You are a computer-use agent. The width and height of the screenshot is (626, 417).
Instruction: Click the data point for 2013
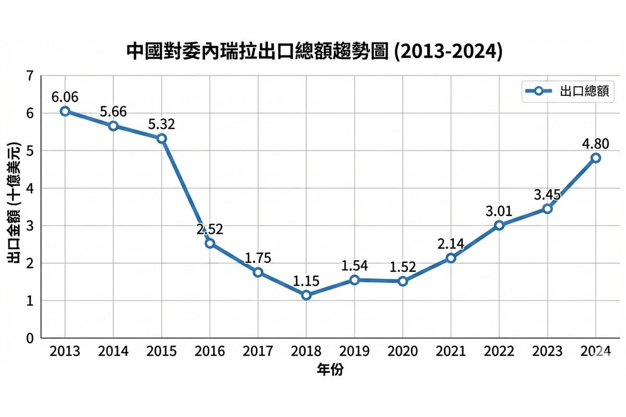[65, 111]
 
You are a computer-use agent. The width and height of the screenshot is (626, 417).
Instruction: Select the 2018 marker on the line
[306, 295]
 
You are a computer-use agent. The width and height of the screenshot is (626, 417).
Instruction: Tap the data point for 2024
[596, 158]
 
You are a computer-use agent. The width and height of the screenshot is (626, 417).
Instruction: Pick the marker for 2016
[210, 243]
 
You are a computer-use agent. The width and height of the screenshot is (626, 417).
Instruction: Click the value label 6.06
[65, 97]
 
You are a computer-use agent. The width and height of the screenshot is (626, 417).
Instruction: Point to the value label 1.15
[306, 281]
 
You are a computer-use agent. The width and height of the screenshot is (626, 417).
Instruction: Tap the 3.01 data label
[499, 211]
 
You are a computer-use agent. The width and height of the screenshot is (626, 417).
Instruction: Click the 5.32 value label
[161, 124]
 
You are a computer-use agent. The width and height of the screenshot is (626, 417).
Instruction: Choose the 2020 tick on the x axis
[403, 351]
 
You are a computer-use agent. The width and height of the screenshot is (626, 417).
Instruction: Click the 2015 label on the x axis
[161, 351]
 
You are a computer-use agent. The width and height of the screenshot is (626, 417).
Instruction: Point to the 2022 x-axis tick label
[499, 351]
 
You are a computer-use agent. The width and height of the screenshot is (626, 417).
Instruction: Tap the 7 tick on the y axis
[30, 76]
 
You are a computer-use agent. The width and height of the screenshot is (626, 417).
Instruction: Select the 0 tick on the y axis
[30, 338]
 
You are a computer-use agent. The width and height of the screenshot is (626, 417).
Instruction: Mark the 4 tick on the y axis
[30, 188]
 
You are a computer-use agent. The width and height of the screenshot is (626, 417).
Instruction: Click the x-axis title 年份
[330, 370]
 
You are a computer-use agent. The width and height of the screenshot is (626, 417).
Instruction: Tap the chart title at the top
[315, 52]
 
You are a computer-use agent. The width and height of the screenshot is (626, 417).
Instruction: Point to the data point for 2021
[451, 258]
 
